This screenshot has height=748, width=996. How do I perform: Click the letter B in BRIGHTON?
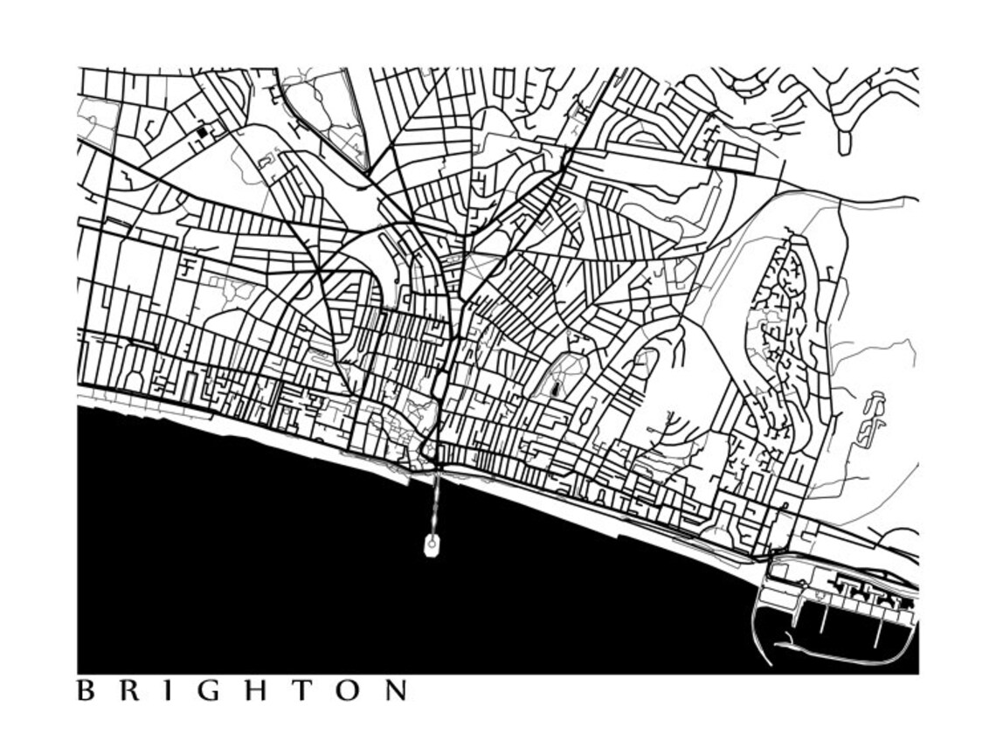85,691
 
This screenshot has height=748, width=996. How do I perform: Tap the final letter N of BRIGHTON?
396,691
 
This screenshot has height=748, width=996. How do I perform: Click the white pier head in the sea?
431,547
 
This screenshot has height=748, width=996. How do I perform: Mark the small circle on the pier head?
431,544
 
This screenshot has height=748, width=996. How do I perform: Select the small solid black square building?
203,132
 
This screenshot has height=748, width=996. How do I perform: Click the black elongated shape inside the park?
556,387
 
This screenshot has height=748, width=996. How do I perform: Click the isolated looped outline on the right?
871,419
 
